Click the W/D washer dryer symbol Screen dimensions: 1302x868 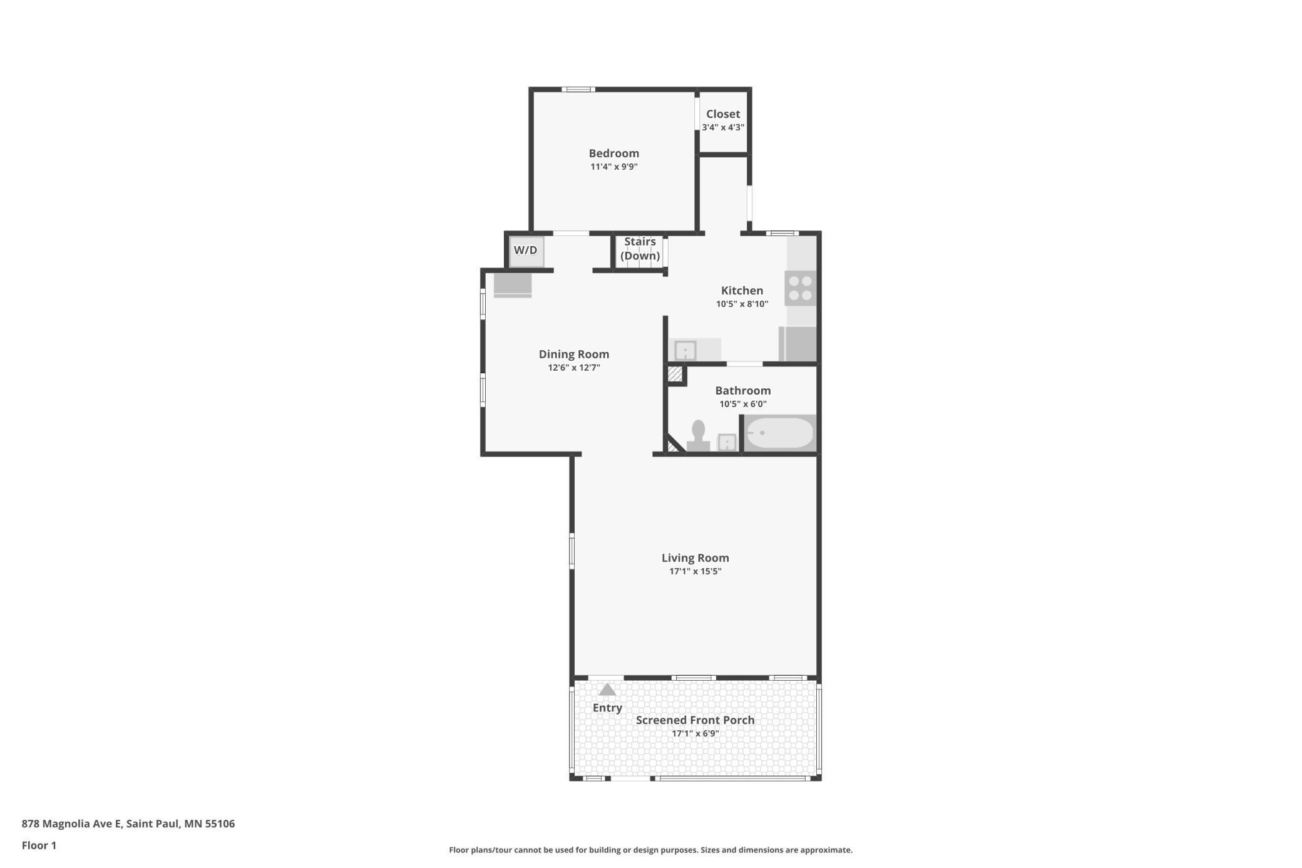526,251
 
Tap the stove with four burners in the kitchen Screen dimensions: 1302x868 801,288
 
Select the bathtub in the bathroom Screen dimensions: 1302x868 779,433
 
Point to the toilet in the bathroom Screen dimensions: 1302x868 698,436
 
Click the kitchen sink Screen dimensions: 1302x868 685,350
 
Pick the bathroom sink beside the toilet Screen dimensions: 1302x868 727,442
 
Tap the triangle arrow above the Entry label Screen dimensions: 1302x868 607,690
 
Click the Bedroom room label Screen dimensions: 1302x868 614,153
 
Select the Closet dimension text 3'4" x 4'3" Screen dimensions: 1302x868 723,127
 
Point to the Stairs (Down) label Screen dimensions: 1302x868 640,249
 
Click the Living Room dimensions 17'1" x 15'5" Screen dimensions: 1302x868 695,571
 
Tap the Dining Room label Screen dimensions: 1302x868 574,354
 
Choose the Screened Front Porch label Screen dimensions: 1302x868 695,720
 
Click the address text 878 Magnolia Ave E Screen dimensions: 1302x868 72,824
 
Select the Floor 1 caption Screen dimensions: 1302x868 39,845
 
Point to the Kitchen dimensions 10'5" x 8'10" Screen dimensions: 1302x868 742,304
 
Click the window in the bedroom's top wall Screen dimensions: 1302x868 578,90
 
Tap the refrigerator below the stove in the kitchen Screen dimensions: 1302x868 798,344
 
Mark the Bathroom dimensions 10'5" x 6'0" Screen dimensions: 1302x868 743,404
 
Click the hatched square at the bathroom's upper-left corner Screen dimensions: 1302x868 675,375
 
